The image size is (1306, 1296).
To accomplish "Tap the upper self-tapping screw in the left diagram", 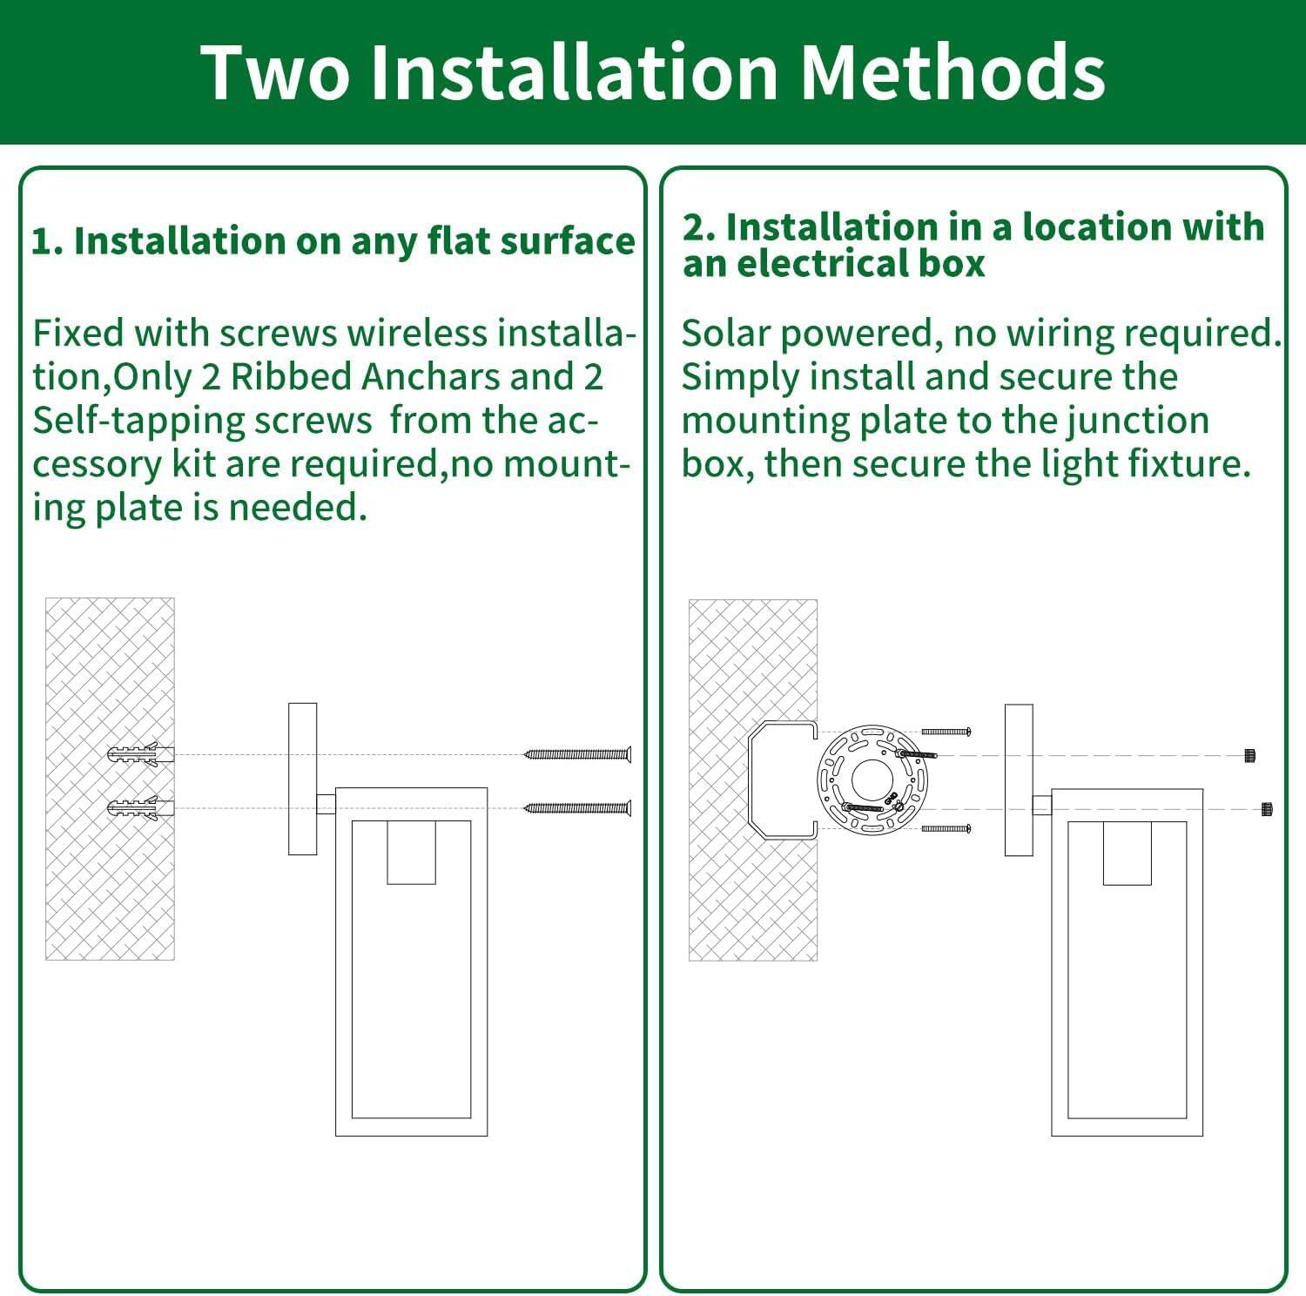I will (578, 754).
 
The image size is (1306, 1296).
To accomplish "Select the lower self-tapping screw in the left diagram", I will (578, 809).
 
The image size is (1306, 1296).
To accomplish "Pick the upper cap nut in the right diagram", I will (1249, 755).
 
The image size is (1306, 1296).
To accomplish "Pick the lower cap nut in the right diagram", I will (1265, 810).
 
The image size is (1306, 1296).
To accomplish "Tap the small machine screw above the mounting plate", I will (946, 732).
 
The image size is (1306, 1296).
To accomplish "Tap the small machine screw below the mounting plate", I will (946, 829).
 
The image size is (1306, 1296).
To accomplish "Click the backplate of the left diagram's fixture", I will (302, 779).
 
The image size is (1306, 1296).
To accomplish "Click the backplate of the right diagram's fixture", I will (1018, 780).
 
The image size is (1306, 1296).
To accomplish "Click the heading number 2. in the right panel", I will (698, 227).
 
